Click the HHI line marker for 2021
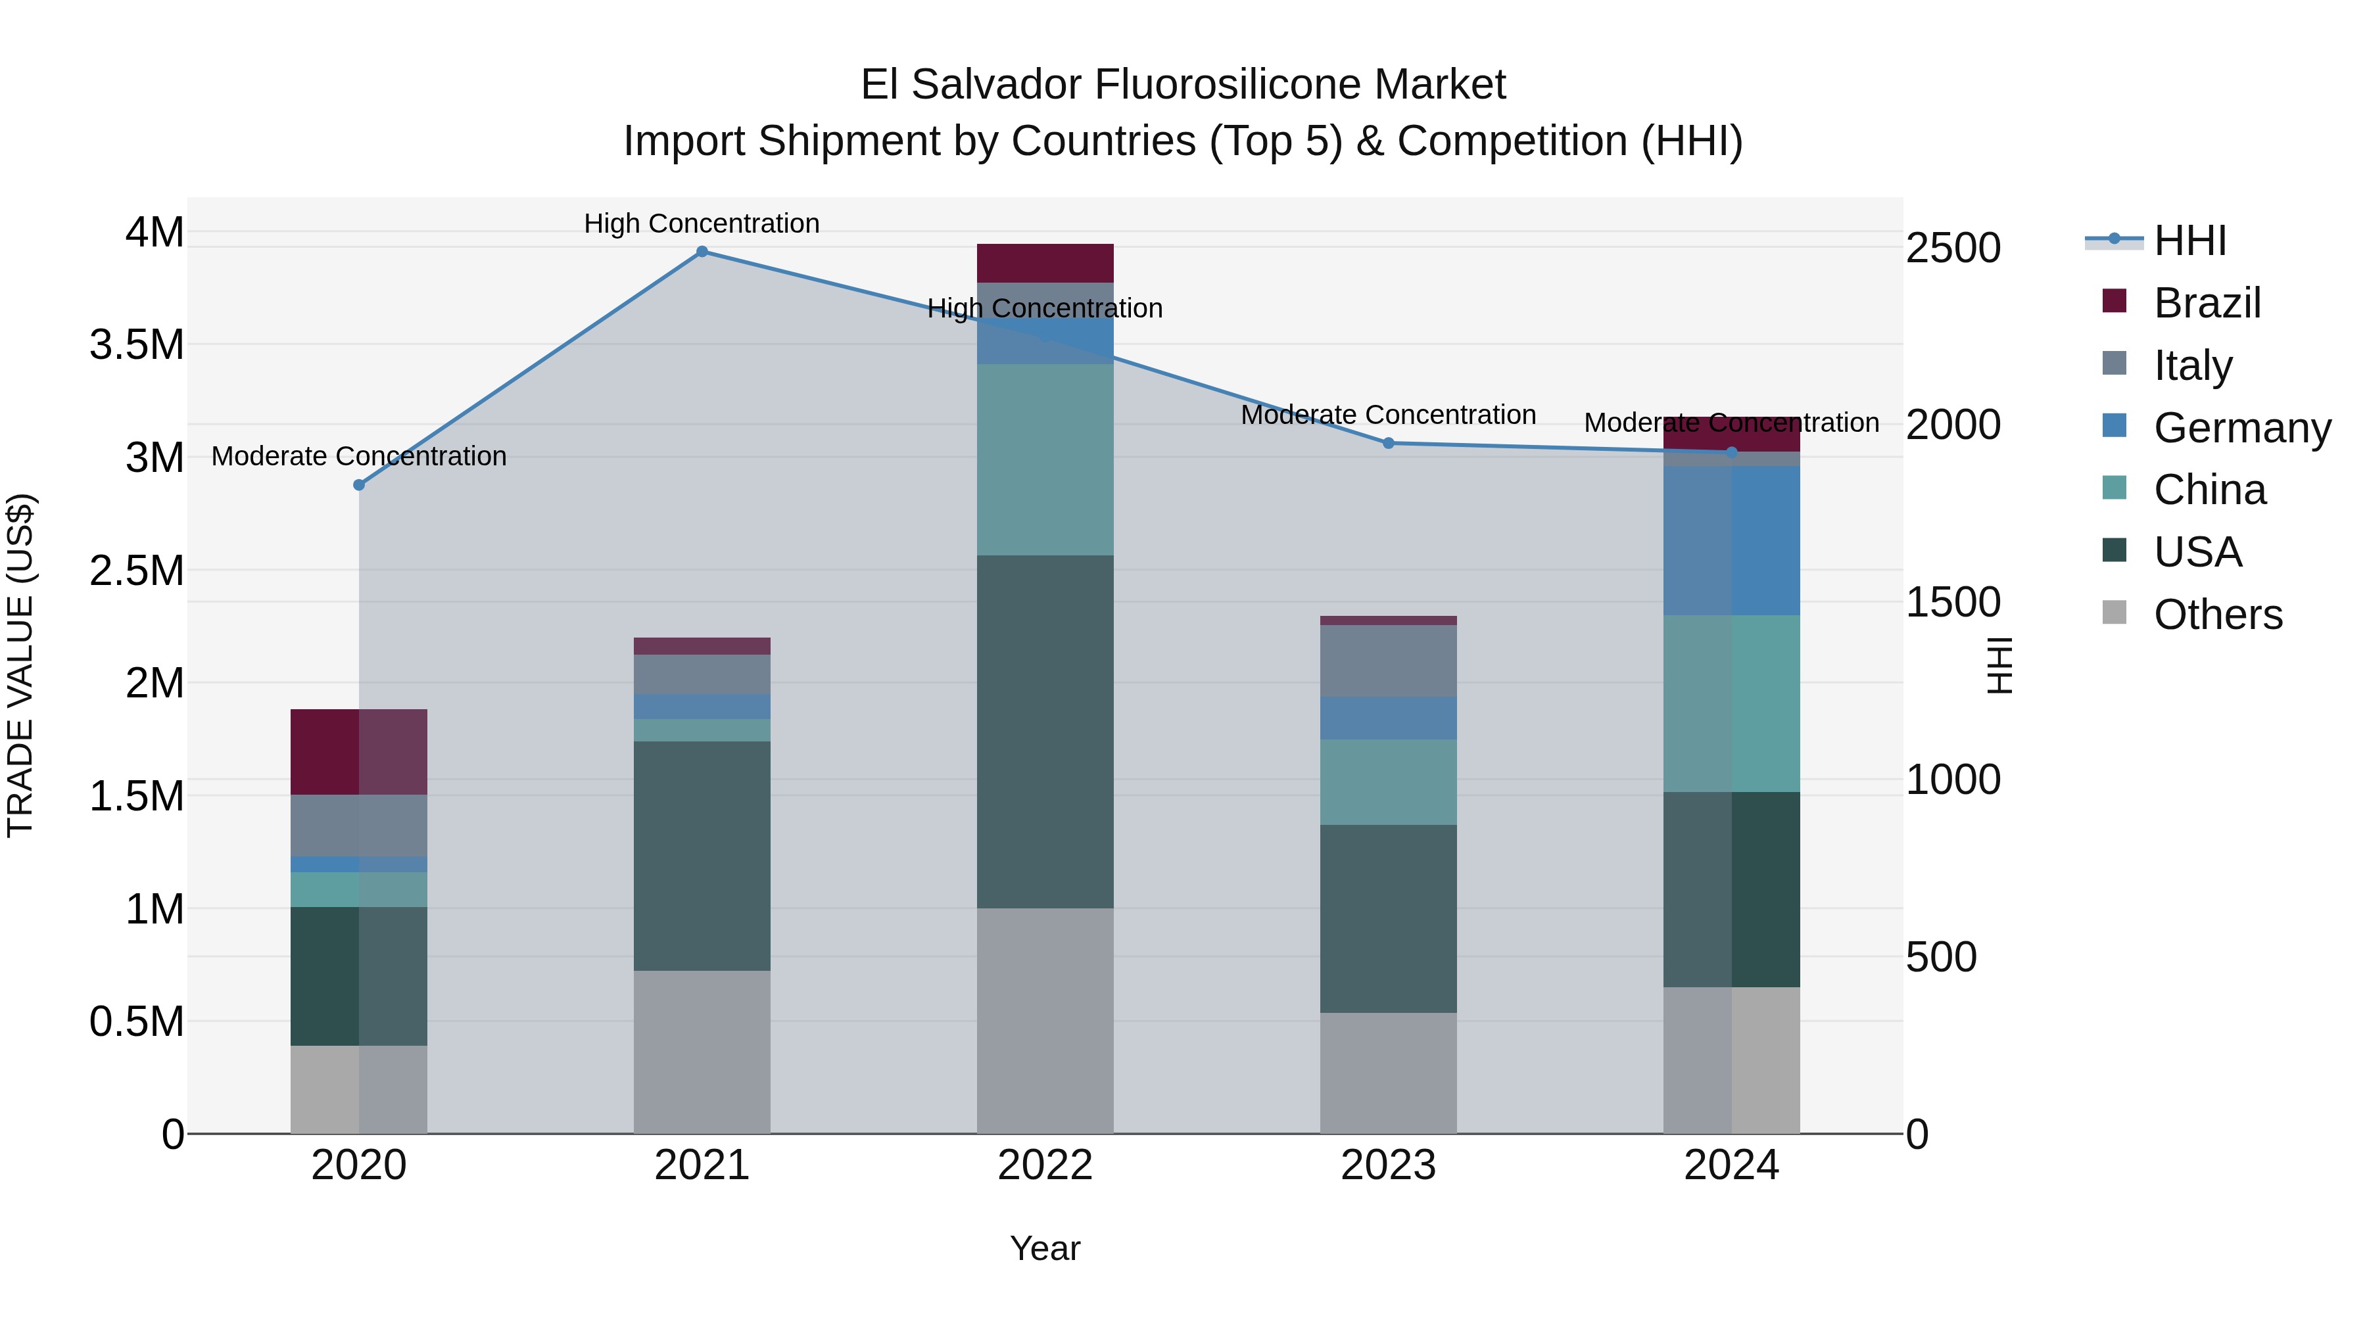(702, 252)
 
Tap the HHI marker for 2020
(359, 485)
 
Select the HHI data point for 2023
(1389, 443)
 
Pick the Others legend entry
(2216, 615)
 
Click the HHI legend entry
(2189, 241)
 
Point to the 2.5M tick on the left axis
(137, 571)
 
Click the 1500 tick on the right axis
(1953, 603)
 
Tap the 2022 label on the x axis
(1045, 1165)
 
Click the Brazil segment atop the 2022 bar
(1045, 263)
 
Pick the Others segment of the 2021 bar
(702, 1052)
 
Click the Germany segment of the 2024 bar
(1731, 540)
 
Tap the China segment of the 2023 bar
(1389, 782)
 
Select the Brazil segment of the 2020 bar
(359, 751)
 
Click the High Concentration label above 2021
(702, 223)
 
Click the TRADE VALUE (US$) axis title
(21, 665)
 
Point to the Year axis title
(1045, 1248)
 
